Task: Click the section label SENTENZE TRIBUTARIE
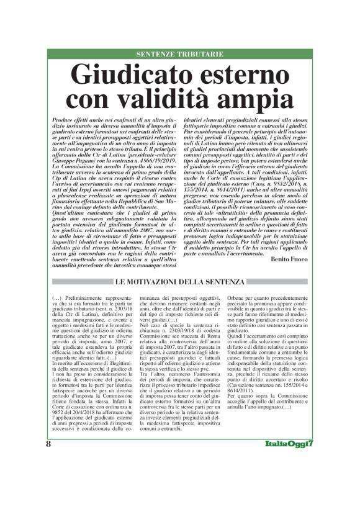coord(180,54)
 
